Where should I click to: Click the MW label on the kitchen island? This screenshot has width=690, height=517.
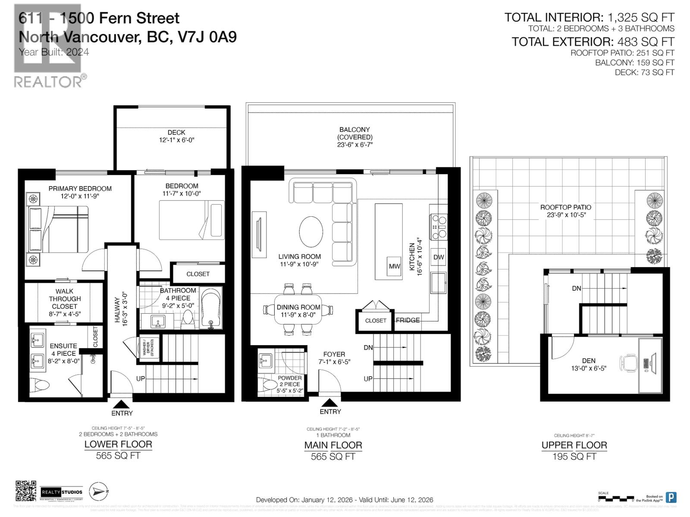click(394, 266)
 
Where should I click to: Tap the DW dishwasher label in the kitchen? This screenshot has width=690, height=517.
click(439, 257)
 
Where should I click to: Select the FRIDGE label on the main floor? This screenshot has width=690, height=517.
click(408, 320)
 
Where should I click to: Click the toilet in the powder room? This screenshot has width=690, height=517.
click(270, 385)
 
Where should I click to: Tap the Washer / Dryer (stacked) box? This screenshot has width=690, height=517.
click(148, 347)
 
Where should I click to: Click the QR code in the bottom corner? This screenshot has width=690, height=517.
click(26, 491)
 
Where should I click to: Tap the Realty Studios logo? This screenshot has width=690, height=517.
click(62, 492)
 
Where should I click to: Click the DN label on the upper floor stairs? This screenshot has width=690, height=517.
click(577, 288)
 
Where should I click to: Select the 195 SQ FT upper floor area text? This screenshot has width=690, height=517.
click(574, 457)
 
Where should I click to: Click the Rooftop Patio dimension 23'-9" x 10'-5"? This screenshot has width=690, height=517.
click(565, 215)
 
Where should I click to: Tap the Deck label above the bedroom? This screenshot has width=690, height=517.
click(176, 132)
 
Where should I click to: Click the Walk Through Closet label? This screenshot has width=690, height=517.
click(65, 299)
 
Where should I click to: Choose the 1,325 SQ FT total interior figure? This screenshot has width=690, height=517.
click(641, 17)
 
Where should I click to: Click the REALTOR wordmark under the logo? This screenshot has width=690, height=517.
click(48, 82)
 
